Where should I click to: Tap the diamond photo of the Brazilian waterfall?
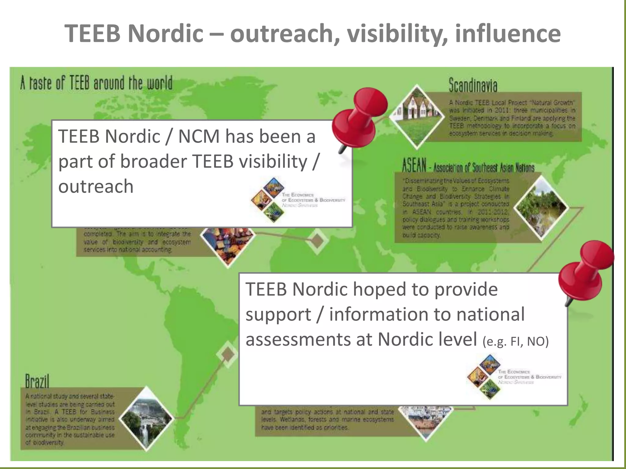pyautogui.click(x=146, y=419)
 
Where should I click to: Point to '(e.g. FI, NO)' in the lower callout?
pyautogui.click(x=516, y=341)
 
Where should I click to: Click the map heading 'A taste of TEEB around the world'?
pyautogui.click(x=96, y=83)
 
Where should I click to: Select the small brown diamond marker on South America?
pyautogui.click(x=227, y=354)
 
